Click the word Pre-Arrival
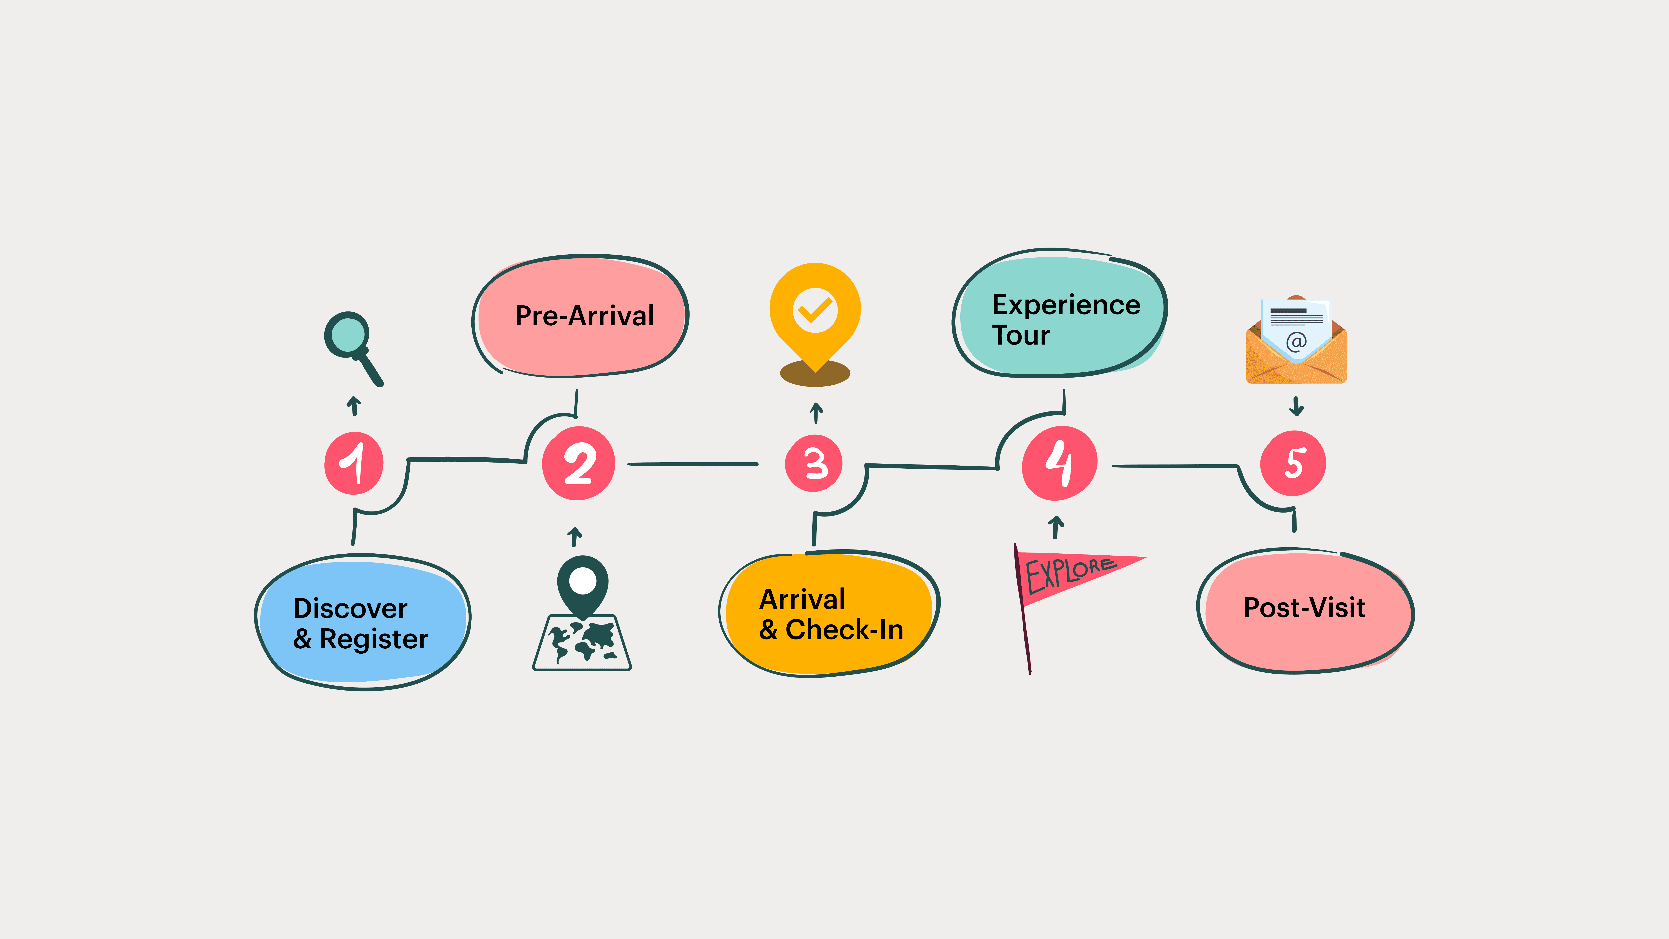pos(584,316)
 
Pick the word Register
pos(374,639)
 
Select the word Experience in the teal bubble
pos(1066,305)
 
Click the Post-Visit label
pos(1304,608)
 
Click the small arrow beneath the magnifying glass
pos(354,406)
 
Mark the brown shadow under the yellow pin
pos(815,375)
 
